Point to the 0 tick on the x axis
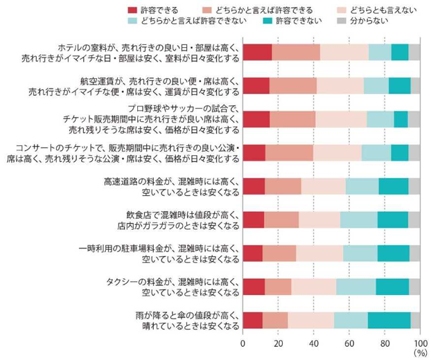[x=243, y=343]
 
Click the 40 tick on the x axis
[x=314, y=343]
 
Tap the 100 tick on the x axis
[x=419, y=343]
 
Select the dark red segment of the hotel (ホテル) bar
[x=257, y=53]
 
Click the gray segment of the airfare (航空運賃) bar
[x=415, y=86]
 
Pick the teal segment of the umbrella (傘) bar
[x=389, y=320]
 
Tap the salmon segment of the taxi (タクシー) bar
[x=278, y=286]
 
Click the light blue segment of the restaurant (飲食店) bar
[x=358, y=219]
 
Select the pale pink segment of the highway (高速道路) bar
[x=323, y=186]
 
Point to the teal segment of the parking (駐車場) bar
[x=393, y=253]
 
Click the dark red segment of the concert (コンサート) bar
[x=254, y=152]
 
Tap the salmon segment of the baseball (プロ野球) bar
[x=292, y=119]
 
